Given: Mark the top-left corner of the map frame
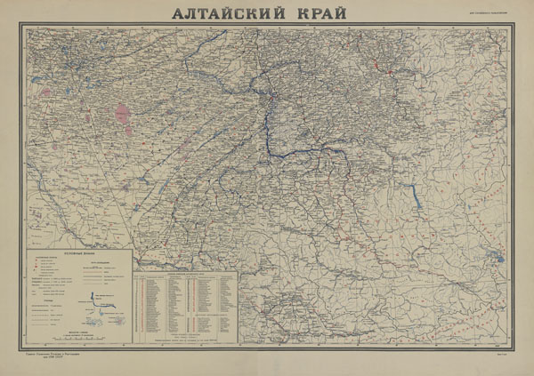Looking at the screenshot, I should (25, 27).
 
